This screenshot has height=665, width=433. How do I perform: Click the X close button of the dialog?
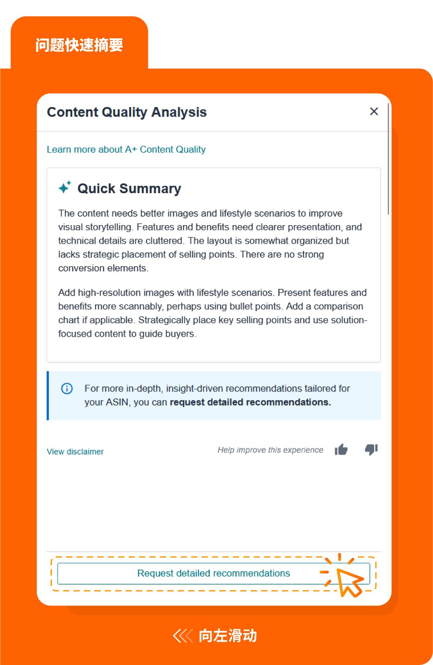pyautogui.click(x=374, y=111)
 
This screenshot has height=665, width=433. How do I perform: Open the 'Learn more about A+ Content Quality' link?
pyautogui.click(x=126, y=150)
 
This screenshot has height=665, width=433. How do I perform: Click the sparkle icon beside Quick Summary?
pyautogui.click(x=65, y=188)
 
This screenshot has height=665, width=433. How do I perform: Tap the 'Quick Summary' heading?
pyautogui.click(x=129, y=188)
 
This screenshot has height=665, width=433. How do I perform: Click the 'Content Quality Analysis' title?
pyautogui.click(x=127, y=112)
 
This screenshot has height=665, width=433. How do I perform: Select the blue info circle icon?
pyautogui.click(x=67, y=388)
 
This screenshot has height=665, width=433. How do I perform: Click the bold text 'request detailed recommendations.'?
pyautogui.click(x=250, y=402)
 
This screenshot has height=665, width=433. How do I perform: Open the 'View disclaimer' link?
pyautogui.click(x=75, y=452)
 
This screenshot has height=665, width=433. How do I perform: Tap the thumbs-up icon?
pyautogui.click(x=341, y=450)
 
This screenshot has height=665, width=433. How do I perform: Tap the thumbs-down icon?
pyautogui.click(x=371, y=450)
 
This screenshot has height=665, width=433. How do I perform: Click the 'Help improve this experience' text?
pyautogui.click(x=270, y=450)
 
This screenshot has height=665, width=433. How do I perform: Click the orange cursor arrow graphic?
pyautogui.click(x=349, y=582)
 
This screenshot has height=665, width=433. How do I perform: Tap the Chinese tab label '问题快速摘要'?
pyautogui.click(x=79, y=45)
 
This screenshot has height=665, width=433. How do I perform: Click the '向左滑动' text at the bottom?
pyautogui.click(x=228, y=636)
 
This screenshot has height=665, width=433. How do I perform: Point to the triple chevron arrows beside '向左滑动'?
pyautogui.click(x=183, y=636)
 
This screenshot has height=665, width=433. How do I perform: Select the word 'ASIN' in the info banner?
pyautogui.click(x=117, y=402)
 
